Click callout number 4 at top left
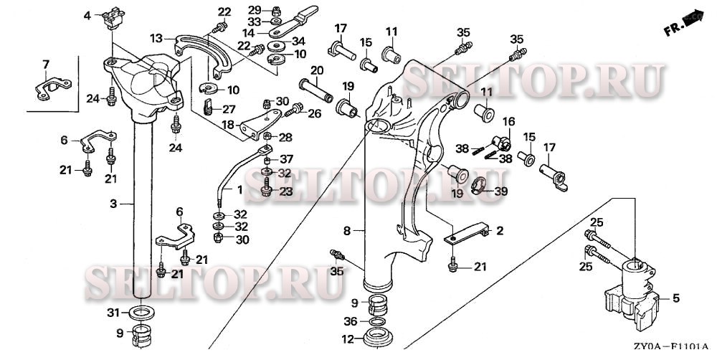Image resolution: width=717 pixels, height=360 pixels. tap(87, 15)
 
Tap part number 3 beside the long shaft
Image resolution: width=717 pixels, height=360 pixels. tap(113, 204)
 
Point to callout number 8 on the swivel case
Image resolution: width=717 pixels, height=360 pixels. tap(346, 231)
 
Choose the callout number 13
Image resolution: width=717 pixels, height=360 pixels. tap(157, 37)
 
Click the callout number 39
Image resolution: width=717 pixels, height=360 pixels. tap(501, 191)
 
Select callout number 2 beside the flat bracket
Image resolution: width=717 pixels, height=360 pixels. tap(500, 231)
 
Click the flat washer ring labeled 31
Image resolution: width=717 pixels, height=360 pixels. tap(143, 313)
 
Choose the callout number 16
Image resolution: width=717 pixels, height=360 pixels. tap(508, 121)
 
